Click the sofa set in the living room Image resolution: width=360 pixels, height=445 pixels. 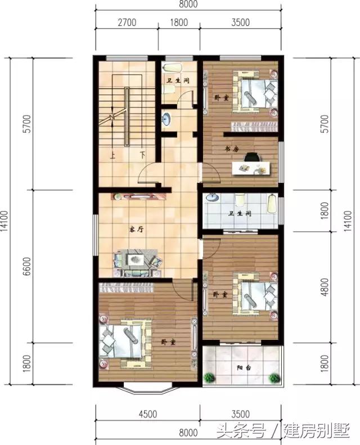point(137,261)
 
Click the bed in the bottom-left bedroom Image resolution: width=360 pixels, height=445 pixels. point(125,343)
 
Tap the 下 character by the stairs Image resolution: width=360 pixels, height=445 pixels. point(143,153)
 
